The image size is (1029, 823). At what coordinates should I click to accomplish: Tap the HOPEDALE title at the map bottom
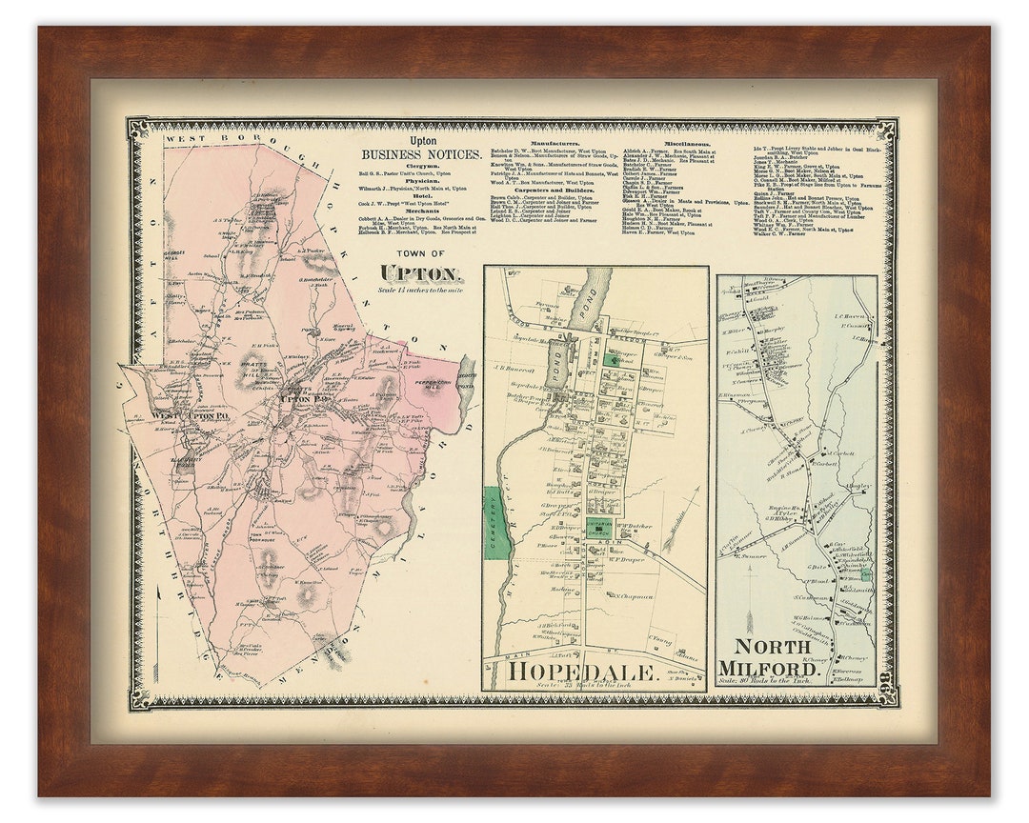coord(583,672)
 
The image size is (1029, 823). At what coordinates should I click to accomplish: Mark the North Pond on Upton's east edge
coord(466,376)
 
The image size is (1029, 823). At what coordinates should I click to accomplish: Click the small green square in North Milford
coord(865,575)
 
